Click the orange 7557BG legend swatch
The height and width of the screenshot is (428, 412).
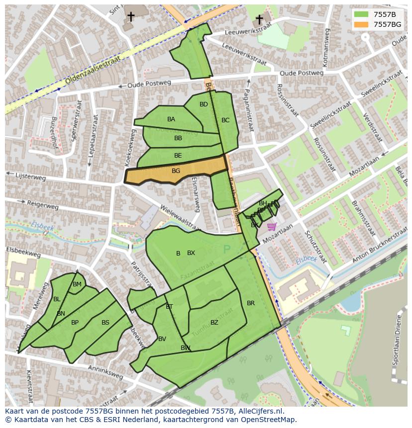pyautogui.click(x=362, y=24)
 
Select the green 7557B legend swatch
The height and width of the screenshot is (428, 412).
pyautogui.click(x=362, y=14)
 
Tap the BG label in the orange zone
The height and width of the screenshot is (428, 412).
pyautogui.click(x=176, y=171)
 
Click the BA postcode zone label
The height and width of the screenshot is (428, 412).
pyautogui.click(x=171, y=119)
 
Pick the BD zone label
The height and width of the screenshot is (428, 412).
pyautogui.click(x=204, y=104)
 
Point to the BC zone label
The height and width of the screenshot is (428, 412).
pyautogui.click(x=225, y=120)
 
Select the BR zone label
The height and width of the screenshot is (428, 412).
pyautogui.click(x=251, y=303)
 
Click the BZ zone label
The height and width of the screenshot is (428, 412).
pyautogui.click(x=214, y=323)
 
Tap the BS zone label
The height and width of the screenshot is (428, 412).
pyautogui.click(x=105, y=323)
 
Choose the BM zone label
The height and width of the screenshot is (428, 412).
pyautogui.click(x=77, y=284)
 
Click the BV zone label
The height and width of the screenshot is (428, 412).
pyautogui.click(x=162, y=339)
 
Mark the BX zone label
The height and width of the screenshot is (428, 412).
pyautogui.click(x=191, y=253)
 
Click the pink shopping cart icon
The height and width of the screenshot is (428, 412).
pyautogui.click(x=271, y=227)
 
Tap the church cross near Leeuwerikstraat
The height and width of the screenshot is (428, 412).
pyautogui.click(x=259, y=19)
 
